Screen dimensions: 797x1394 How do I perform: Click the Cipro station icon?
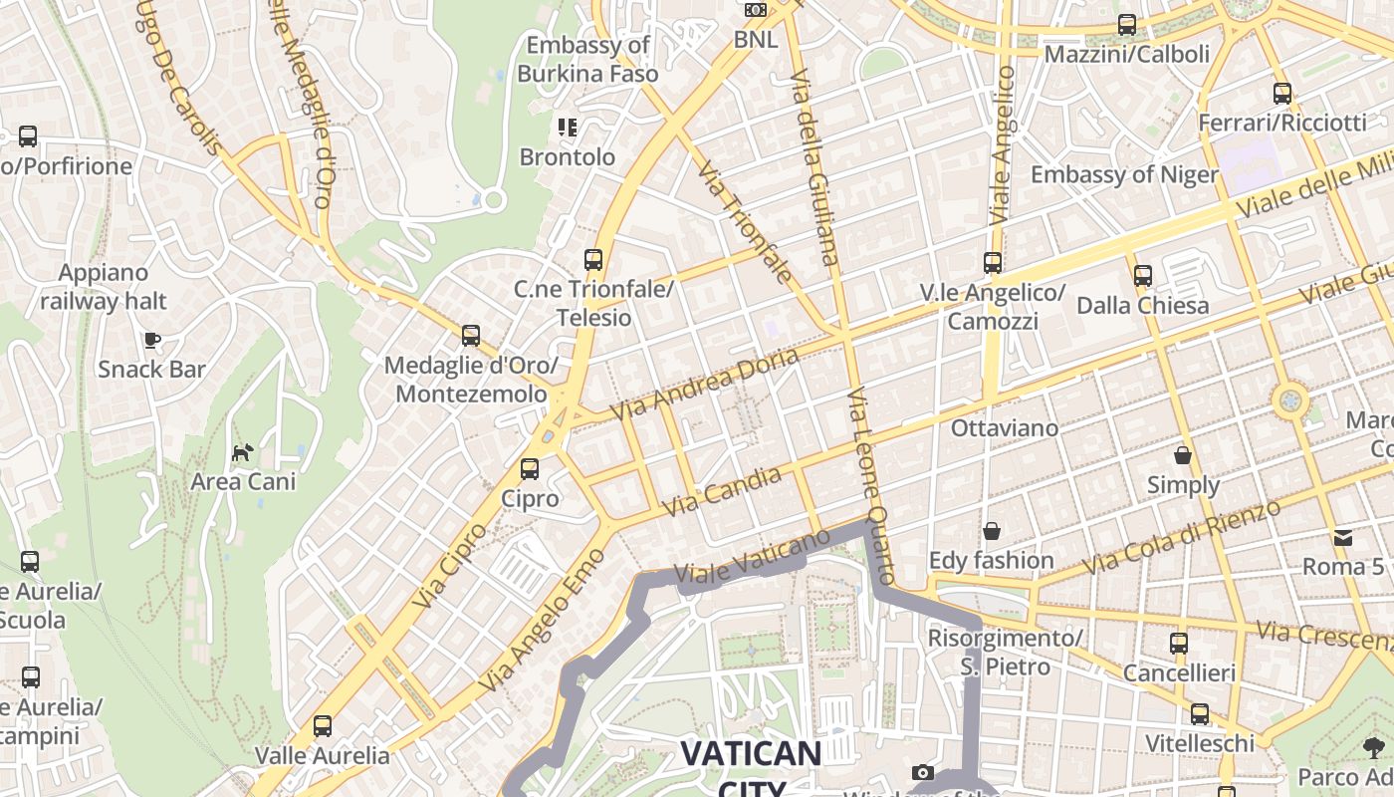coord(530,468)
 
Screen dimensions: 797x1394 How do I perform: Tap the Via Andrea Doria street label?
coord(704,384)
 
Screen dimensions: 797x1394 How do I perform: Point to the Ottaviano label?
coord(1005,428)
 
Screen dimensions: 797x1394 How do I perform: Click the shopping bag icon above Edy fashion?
coord(991,531)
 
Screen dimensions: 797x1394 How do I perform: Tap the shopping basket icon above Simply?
coord(1183,455)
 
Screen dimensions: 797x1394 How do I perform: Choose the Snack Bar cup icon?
coord(152,341)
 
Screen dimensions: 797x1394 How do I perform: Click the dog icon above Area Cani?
coord(243,453)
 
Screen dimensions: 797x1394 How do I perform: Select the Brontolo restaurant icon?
coord(568,128)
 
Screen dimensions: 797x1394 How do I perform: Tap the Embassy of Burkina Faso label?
coord(587,59)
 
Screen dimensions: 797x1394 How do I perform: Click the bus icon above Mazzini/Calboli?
coord(1127,25)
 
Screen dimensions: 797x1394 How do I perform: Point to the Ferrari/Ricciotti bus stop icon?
coord(1282,94)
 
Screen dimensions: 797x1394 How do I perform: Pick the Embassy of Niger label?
coord(1124,175)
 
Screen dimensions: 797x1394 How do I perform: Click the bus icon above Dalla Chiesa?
coord(1143,275)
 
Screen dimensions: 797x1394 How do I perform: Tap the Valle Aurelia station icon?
coord(323,726)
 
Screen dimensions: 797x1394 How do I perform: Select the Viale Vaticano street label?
coord(752,556)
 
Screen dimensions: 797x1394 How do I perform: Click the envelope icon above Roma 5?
coord(1343,538)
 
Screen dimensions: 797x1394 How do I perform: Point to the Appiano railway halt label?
coord(104,287)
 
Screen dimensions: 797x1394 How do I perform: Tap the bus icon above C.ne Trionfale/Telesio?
coord(593,260)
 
